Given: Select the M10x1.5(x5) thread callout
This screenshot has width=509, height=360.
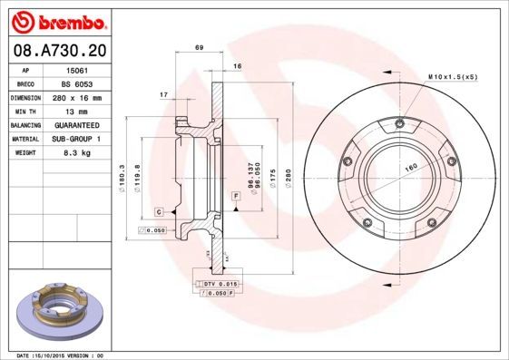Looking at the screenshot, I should [451, 77].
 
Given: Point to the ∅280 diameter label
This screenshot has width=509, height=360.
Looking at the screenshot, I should [289, 177].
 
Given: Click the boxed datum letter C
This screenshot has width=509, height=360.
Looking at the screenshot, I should [159, 211].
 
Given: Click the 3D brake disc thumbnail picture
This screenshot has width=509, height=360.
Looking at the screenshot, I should [58, 311].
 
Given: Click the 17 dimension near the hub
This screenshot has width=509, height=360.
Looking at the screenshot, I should [162, 94].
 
